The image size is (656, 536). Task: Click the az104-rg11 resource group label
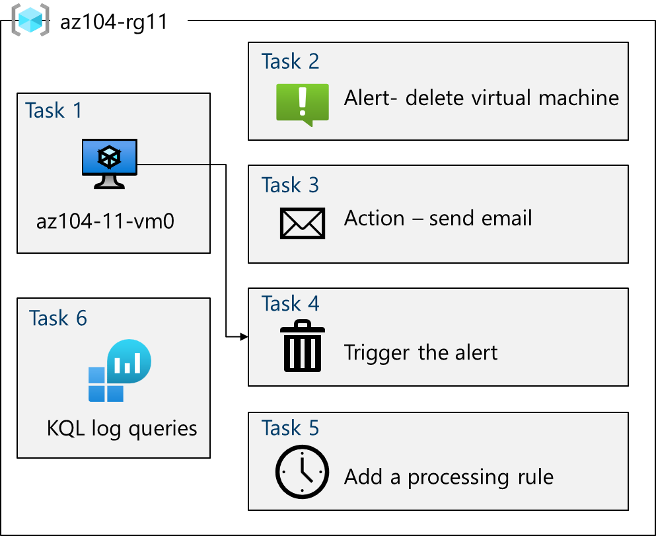point(114,22)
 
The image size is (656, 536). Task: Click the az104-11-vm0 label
point(105,221)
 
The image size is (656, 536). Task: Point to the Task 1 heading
point(54,110)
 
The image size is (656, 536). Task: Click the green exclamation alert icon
point(303,103)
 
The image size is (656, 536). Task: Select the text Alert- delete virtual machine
point(482,98)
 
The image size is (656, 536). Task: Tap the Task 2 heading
point(290,61)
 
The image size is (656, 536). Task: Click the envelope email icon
point(303,223)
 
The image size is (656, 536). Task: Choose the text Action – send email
point(438,218)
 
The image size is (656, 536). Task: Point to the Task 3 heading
point(290,185)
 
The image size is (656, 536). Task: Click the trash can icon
point(303,346)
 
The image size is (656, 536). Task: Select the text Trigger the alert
point(421,352)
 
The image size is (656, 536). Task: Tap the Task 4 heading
point(290,303)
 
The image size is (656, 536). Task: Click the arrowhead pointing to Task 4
point(244,337)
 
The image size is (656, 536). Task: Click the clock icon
point(303,471)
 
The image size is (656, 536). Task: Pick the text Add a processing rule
point(449,477)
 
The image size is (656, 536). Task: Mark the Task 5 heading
point(290,428)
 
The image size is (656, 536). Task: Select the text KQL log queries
point(122,428)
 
